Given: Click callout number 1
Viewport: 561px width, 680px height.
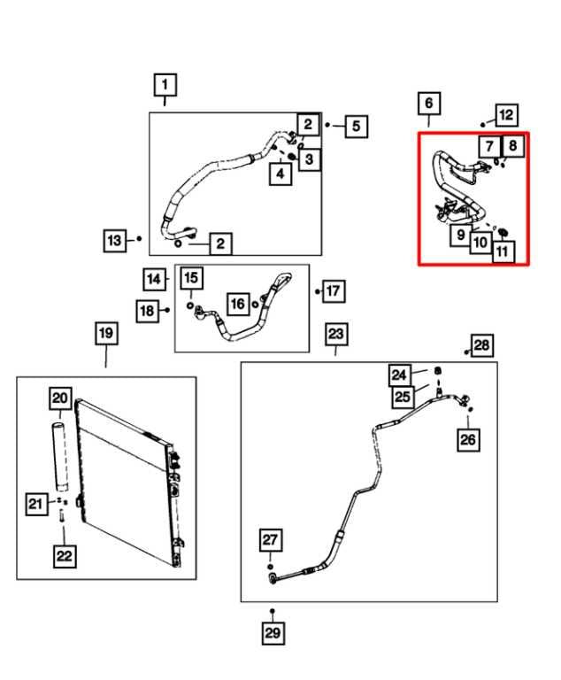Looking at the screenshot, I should click(x=165, y=85).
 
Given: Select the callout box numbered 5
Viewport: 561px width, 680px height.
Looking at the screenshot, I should click(x=356, y=127).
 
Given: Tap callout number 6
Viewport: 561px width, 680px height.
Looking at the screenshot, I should click(x=428, y=104).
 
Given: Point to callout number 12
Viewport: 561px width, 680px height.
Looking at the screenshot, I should click(x=506, y=114).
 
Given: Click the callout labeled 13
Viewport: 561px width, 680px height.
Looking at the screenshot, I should click(x=115, y=240).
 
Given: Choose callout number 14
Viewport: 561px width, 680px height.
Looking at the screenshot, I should click(x=155, y=280).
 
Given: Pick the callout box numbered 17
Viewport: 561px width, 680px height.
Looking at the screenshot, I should click(x=334, y=290).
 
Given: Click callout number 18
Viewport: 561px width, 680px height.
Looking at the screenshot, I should click(x=147, y=311).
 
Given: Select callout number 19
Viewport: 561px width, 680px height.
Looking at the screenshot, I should click(x=105, y=334).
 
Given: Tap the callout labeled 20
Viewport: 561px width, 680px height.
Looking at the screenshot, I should click(x=59, y=398).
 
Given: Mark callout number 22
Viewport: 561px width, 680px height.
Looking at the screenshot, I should click(x=65, y=555).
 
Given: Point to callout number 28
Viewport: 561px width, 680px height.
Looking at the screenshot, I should click(x=482, y=345).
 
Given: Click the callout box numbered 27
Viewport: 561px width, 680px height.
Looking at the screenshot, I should click(x=270, y=540).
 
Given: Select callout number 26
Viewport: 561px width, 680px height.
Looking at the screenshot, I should click(x=468, y=437).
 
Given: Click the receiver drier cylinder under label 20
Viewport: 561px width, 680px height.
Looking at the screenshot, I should click(x=59, y=457).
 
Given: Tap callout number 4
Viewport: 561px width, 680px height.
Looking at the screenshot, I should click(x=280, y=174).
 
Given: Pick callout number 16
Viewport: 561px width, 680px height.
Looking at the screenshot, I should click(x=237, y=304).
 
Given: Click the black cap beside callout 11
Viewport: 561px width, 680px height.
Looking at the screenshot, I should click(x=503, y=234).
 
